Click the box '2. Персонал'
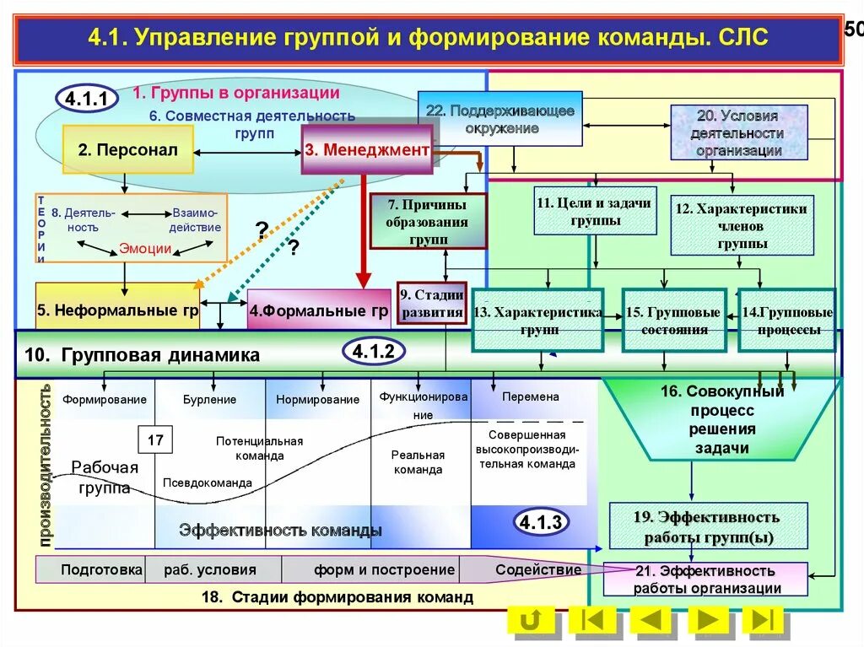128,150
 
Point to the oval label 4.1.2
373,353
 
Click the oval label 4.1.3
540,523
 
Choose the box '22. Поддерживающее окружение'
499,119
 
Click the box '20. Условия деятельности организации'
738,132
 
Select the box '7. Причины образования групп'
428,221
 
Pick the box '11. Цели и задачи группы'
596,211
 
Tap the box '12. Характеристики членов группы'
742,225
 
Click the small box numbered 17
155,440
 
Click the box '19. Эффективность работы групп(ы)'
707,526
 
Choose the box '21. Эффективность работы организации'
706,580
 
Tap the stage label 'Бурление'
209,399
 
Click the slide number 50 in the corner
853,30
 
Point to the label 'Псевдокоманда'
208,483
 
